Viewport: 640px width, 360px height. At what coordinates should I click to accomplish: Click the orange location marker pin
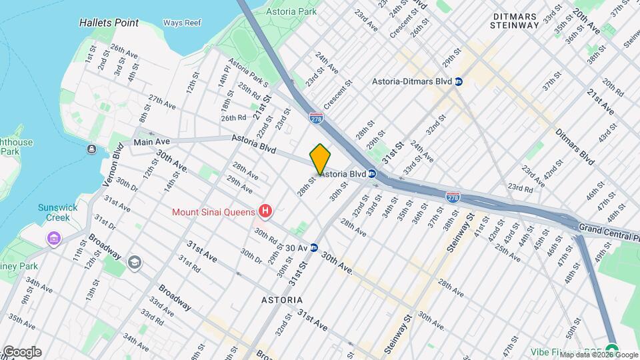pos(320,158)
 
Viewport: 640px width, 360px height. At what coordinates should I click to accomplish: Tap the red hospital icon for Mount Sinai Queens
pos(266,212)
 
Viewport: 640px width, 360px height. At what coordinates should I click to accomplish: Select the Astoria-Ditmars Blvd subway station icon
pos(459,81)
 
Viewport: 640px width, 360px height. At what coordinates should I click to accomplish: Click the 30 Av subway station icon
pos(313,247)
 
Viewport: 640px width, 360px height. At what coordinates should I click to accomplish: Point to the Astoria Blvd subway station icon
pos(373,174)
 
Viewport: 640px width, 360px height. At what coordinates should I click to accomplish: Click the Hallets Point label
pos(109,23)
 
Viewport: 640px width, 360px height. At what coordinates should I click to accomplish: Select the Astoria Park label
pos(291,11)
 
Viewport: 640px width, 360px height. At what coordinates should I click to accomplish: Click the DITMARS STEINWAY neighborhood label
pos(514,20)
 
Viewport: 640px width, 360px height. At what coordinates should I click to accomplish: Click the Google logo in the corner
pos(21,352)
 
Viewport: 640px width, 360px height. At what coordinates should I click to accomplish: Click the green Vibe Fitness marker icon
pos(612,350)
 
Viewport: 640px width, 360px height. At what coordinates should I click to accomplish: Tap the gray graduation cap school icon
pos(135,261)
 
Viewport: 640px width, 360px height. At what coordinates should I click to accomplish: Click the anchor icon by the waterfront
pos(91,148)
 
